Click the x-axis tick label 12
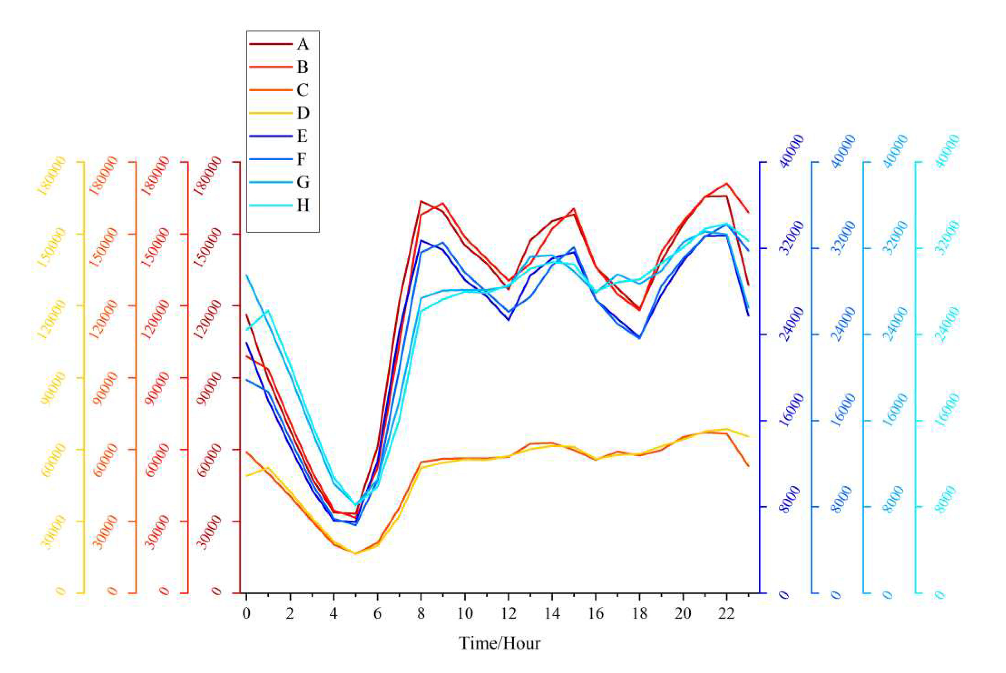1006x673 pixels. coord(508,613)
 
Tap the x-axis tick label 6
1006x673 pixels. coord(377,613)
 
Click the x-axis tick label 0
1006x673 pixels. coord(246,613)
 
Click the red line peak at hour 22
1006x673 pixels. coord(726,183)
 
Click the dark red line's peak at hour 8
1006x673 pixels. coord(421,201)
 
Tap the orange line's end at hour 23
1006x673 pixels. coord(748,466)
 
